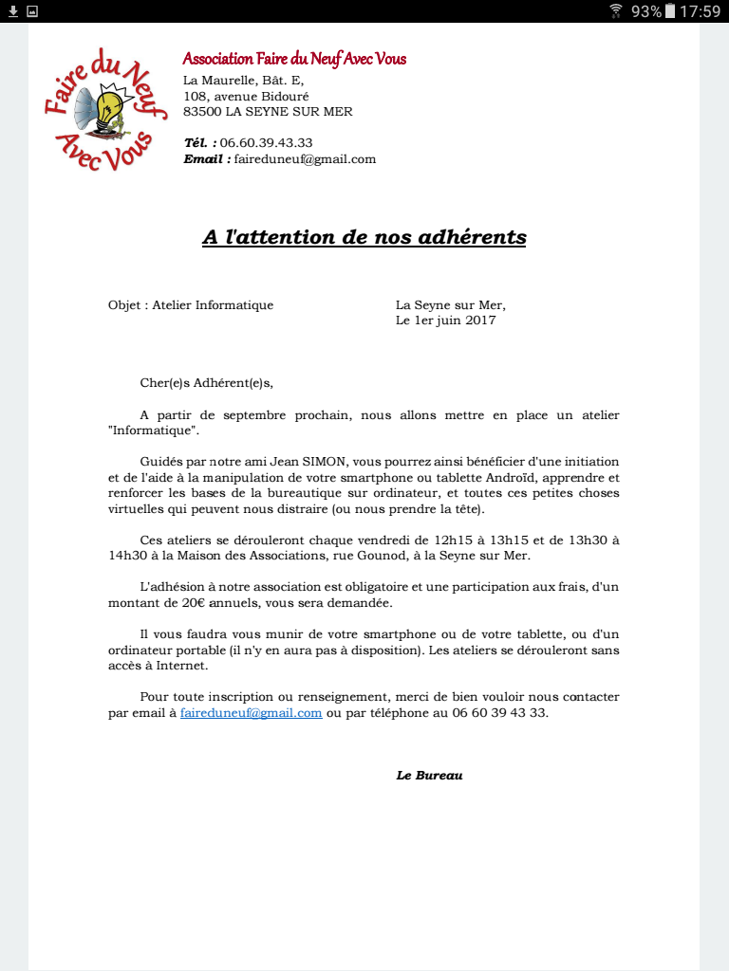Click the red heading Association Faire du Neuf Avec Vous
point(294,59)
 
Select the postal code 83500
point(202,112)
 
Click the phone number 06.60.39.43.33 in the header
point(266,143)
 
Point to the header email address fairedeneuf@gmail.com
point(305,159)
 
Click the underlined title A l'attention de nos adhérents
point(364,237)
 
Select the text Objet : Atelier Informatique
point(191,305)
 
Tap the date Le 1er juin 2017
point(445,321)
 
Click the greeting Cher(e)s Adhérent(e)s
point(206,383)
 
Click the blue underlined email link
point(251,713)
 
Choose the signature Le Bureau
point(429,776)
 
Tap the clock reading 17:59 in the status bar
point(701,11)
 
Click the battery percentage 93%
point(645,11)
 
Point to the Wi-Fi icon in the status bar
point(616,11)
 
